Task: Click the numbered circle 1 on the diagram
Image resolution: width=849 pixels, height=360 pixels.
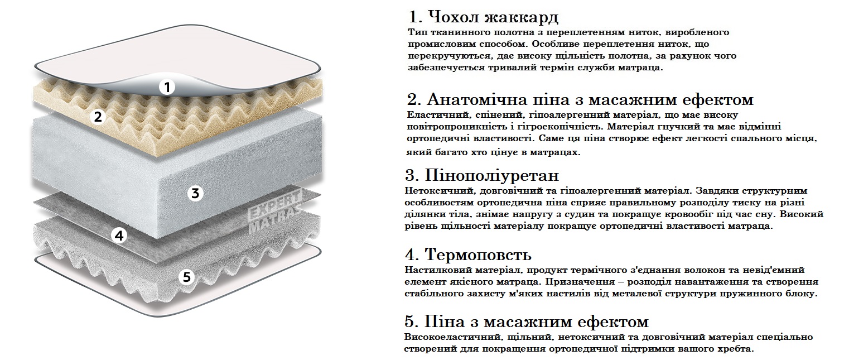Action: (x=166, y=87)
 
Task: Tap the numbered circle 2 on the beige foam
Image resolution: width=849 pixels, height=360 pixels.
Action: (x=98, y=117)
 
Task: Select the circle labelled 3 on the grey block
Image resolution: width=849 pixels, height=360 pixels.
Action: (x=195, y=194)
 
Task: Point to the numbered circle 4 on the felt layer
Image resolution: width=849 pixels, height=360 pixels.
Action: (x=119, y=236)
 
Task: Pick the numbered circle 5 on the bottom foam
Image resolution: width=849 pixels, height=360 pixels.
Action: (x=187, y=277)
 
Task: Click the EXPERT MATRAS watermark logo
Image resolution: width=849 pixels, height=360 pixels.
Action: (x=275, y=212)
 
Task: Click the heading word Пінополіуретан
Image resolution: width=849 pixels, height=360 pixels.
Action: (x=491, y=176)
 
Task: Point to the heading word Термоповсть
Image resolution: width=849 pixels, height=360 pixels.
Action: (x=478, y=255)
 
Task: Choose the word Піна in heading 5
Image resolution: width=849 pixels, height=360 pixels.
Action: (x=444, y=321)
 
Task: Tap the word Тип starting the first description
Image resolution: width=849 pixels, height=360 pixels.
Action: (x=416, y=32)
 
